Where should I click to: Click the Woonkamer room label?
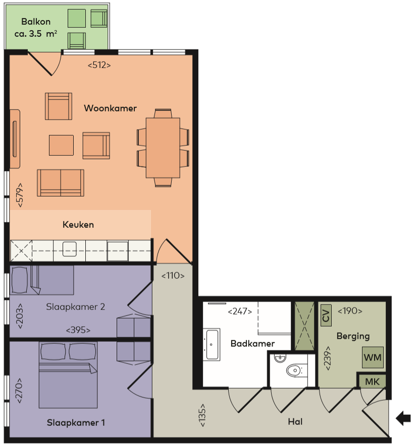110,108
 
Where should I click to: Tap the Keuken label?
78,225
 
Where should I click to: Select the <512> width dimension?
99,65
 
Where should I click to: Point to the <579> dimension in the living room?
20,195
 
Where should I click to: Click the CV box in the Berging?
326,315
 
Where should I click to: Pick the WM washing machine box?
373,357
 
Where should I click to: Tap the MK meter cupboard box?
372,382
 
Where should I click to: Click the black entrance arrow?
403,418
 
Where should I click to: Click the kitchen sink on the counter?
70,249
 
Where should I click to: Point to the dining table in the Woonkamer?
163,148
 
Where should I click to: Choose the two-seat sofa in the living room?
61,183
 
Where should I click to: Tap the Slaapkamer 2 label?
76,307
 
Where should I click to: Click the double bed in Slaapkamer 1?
68,374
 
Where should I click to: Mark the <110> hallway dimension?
173,276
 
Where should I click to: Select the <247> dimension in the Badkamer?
240,311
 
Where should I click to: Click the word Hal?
295,422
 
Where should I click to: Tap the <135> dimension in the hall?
202,415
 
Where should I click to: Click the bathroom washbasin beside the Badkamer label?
212,345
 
